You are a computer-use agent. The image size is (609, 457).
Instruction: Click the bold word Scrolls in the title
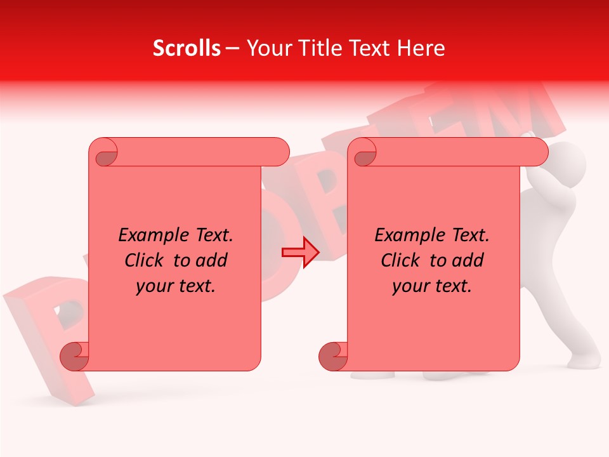(187, 48)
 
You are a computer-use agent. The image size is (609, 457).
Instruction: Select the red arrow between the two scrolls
(300, 253)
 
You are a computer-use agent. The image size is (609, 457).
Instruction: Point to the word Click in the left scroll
(145, 261)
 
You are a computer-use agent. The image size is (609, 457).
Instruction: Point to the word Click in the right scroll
(402, 261)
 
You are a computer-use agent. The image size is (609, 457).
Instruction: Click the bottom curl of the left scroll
(74, 356)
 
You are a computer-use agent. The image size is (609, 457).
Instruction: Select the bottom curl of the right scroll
(333, 356)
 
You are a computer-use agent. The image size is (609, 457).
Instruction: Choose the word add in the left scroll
(213, 261)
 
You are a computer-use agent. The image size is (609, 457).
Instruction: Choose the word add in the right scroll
(469, 261)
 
